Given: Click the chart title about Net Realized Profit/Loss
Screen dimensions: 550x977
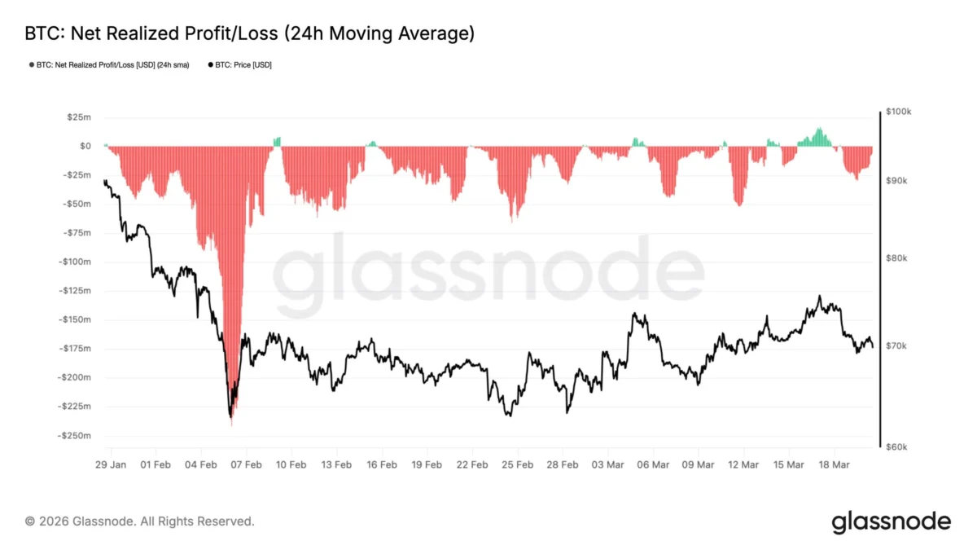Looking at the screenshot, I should point(250,33).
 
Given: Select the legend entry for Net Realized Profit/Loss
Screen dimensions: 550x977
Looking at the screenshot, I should point(112,64).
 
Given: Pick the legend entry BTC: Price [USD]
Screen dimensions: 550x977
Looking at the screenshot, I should point(240,64).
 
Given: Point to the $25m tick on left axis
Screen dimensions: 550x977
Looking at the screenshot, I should point(79,117).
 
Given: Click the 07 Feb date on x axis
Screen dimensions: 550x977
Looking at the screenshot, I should point(246,464).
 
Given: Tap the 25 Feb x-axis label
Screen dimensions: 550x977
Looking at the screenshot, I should point(517,464).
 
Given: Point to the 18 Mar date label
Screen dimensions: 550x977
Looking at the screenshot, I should point(834,464).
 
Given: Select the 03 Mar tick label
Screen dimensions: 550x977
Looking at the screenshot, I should point(607,464).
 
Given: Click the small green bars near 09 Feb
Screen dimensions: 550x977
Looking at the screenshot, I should point(277,142).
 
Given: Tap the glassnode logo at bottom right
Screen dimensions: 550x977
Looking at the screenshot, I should point(891,521).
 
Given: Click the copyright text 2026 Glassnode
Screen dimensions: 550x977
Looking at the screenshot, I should point(139,521).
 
